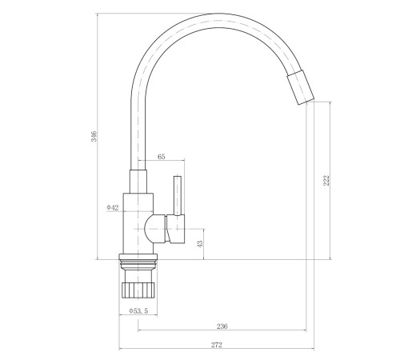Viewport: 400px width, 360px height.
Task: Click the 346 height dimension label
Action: click(94, 136)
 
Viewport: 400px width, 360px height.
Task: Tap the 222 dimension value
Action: click(326, 181)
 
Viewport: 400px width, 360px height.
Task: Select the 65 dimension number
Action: click(161, 157)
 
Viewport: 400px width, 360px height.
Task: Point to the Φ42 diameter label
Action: click(113, 207)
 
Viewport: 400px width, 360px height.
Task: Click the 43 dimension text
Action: click(200, 244)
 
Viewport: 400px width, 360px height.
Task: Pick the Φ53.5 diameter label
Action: click(138, 310)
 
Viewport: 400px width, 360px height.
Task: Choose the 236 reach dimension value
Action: click(222, 326)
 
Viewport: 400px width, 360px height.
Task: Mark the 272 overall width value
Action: click(217, 345)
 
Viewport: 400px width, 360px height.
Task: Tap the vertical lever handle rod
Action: click(178, 195)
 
